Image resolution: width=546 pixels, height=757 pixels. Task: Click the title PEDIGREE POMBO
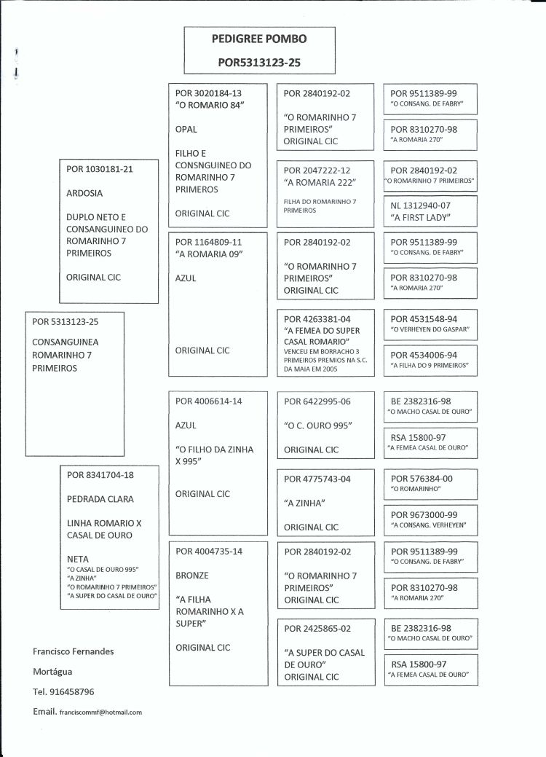[x=258, y=39]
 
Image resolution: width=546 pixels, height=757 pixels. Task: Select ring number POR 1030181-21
[x=100, y=169]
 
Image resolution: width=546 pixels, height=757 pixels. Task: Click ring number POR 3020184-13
[x=209, y=93]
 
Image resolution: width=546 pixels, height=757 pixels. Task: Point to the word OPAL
[x=187, y=129]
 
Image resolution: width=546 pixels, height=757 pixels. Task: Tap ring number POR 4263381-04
[x=317, y=318]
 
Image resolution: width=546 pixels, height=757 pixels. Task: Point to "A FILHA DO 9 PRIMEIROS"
[x=430, y=364]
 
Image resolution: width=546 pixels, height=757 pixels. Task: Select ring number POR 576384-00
[x=422, y=478]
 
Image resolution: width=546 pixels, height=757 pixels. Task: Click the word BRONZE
[x=193, y=575]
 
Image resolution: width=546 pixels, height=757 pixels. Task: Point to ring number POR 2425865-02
[x=317, y=628]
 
